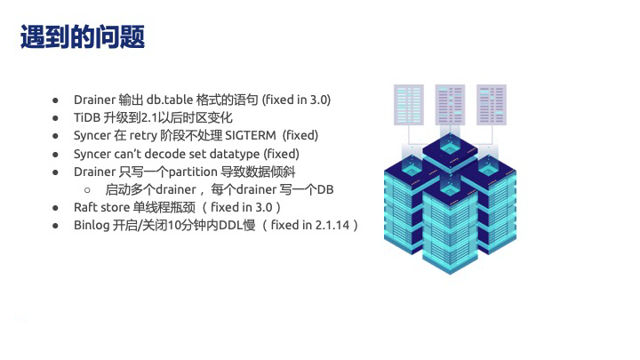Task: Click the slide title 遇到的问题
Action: coord(83,36)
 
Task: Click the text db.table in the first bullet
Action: coord(170,100)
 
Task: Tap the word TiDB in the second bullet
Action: coord(87,117)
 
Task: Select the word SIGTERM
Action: coord(251,135)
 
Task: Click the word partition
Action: coord(193,172)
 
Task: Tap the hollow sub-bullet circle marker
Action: coord(87,190)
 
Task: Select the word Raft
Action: coord(85,207)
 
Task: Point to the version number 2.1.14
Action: coord(332,225)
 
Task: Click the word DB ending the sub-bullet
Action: coord(325,189)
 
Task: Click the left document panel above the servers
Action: coord(409,105)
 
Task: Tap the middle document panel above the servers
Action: coord(450,105)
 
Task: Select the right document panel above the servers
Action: coord(492,105)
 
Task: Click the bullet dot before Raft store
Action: coord(55,208)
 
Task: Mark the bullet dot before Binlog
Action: coord(55,226)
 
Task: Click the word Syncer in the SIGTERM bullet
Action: coord(92,135)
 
